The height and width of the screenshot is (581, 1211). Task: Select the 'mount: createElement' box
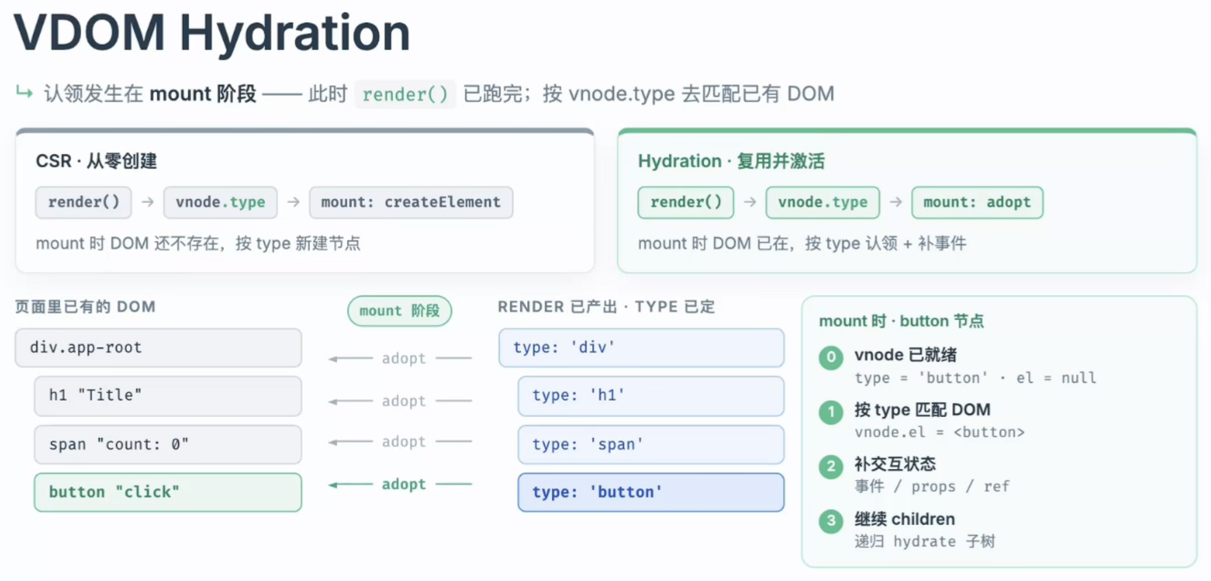411,202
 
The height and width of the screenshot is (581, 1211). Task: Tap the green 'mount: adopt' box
977,202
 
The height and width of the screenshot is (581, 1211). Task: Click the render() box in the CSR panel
84,202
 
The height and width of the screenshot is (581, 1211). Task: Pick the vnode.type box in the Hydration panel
823,202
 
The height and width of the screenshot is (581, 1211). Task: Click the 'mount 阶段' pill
399,311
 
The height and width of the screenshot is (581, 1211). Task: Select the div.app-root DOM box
158,347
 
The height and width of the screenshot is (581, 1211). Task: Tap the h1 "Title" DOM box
168,396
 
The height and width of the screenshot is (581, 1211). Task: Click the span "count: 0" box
168,444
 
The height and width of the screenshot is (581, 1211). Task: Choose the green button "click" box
168,492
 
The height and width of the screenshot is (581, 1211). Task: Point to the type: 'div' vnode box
641,347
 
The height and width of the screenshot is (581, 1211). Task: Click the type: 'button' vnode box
651,492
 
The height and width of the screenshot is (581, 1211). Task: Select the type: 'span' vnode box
651,444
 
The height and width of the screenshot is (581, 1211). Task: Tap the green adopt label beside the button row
403,484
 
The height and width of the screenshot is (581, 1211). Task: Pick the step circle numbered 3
831,521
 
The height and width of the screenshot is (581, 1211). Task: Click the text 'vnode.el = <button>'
939,432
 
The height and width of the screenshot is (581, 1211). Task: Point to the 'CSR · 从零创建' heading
96,161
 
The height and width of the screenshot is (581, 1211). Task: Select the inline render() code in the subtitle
405,94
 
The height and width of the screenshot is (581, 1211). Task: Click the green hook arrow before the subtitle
24,92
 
